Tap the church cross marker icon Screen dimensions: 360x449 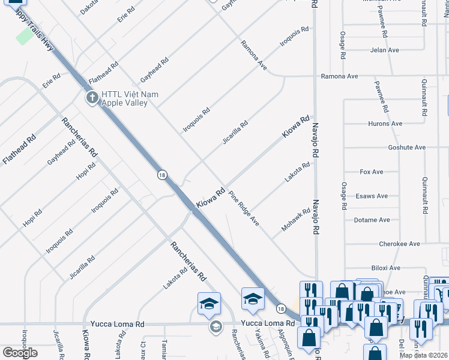click(92, 97)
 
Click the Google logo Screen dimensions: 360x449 click(20, 353)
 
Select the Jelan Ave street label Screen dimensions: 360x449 click(385, 50)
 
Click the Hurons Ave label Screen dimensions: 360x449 click(384, 124)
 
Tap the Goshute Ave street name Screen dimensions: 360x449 click(406, 148)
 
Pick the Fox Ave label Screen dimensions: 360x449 click(371, 172)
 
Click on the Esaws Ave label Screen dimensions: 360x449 click(372, 196)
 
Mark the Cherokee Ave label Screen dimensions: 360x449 click(399, 244)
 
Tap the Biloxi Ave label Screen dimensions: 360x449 click(386, 268)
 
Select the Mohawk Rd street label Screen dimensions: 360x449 click(296, 221)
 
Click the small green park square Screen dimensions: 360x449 click(25, 36)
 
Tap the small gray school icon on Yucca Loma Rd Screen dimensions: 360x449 click(215, 326)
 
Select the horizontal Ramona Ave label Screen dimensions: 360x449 click(339, 77)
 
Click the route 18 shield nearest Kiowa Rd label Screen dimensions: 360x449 click(162, 175)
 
